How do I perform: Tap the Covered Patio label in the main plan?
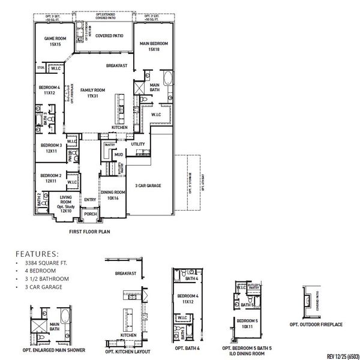[109, 36]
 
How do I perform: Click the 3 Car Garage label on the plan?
[149, 186]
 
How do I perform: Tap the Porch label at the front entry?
[91, 214]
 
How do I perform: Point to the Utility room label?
[137, 145]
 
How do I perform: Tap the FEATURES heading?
[37, 254]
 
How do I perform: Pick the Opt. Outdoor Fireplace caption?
[316, 325]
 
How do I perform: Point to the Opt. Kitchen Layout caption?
[127, 351]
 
